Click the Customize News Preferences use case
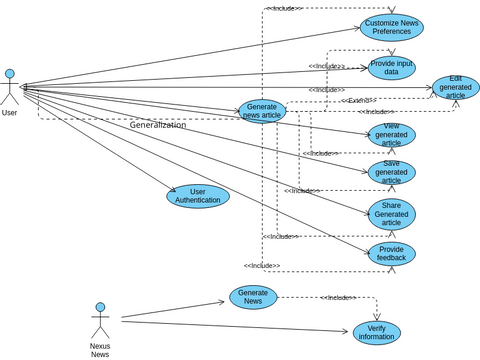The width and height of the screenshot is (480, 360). (391, 27)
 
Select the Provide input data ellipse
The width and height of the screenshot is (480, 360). (391, 67)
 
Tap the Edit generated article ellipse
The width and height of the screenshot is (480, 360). (455, 87)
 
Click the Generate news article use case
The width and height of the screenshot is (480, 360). (262, 111)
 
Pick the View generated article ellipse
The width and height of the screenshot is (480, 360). (391, 135)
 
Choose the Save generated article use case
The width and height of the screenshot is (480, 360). (391, 172)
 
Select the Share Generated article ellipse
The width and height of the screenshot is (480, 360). (391, 213)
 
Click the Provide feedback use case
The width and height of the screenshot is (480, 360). (391, 254)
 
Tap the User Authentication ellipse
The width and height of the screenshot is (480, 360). (198, 196)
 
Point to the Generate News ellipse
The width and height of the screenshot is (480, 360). (253, 297)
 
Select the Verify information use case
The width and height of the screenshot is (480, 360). (376, 332)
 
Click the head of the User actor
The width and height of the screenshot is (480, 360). (10, 74)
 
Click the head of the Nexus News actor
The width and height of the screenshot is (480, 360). (100, 308)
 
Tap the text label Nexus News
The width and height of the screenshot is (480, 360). (100, 350)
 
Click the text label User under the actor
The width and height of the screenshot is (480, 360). (9, 113)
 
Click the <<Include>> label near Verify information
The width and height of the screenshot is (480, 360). (338, 298)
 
